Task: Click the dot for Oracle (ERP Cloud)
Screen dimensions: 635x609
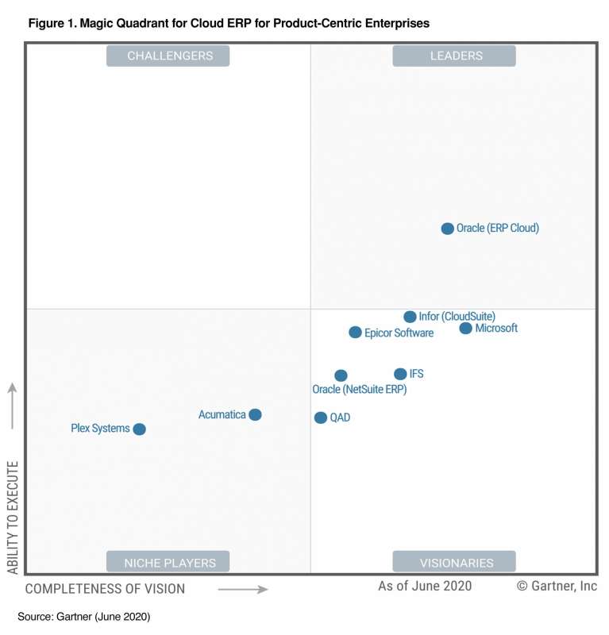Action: (x=448, y=229)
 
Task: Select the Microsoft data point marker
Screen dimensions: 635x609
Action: (x=466, y=329)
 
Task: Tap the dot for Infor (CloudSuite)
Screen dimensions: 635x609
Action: (x=410, y=317)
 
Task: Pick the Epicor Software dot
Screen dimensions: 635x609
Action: (x=356, y=333)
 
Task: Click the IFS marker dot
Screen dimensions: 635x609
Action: (x=400, y=374)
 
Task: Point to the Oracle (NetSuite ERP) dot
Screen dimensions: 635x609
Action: (x=341, y=375)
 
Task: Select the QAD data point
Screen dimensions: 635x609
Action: (x=321, y=418)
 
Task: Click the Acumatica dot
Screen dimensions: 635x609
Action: (x=255, y=414)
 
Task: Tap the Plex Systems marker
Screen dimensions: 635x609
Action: (x=140, y=429)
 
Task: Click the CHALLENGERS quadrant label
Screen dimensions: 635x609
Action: (x=168, y=56)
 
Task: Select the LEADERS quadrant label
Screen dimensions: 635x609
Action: (x=454, y=56)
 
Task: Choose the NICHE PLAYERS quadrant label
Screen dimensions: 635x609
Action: (x=168, y=563)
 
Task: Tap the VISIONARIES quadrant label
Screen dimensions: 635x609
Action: (x=454, y=563)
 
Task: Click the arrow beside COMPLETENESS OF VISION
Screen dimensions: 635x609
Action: (x=243, y=589)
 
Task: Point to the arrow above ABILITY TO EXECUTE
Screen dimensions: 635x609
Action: (x=12, y=406)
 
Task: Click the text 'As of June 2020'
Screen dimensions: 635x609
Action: (x=425, y=587)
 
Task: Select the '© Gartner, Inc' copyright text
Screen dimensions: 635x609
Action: (x=557, y=587)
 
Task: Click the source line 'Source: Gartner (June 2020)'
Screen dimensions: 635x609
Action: (x=83, y=616)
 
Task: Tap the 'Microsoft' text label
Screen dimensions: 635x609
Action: (x=496, y=329)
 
